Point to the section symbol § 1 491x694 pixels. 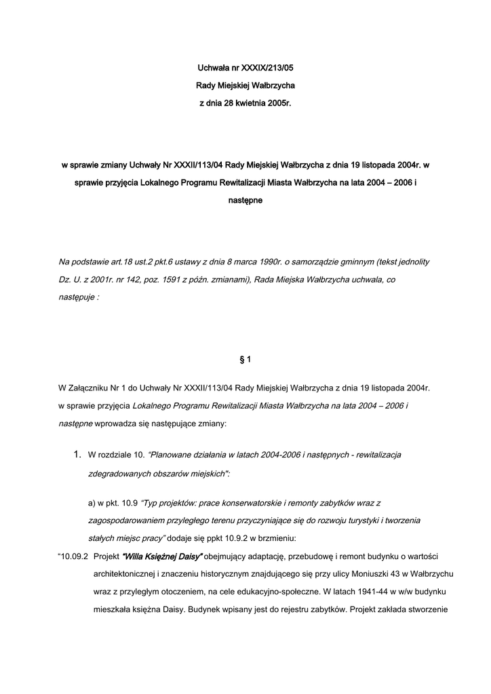245,359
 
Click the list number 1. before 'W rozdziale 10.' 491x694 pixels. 78,454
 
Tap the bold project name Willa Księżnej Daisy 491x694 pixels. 162,556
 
